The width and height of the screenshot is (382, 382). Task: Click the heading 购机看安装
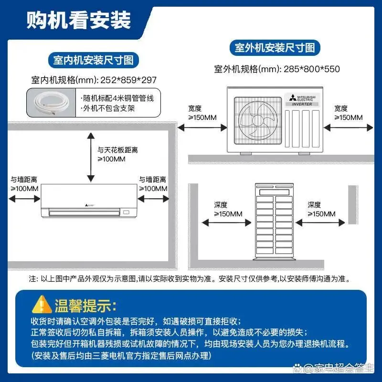pos(78,21)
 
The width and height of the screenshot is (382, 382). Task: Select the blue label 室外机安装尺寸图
pos(275,48)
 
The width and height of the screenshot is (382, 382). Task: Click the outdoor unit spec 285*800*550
pos(311,69)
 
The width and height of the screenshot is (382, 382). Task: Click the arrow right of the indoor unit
pos(153,201)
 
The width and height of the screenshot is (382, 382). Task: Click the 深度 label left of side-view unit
pos(221,205)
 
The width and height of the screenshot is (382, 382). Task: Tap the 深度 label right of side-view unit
pos(314,205)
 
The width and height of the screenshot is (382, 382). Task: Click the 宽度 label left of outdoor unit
pos(195,108)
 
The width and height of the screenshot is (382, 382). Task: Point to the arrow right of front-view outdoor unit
pos(348,127)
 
